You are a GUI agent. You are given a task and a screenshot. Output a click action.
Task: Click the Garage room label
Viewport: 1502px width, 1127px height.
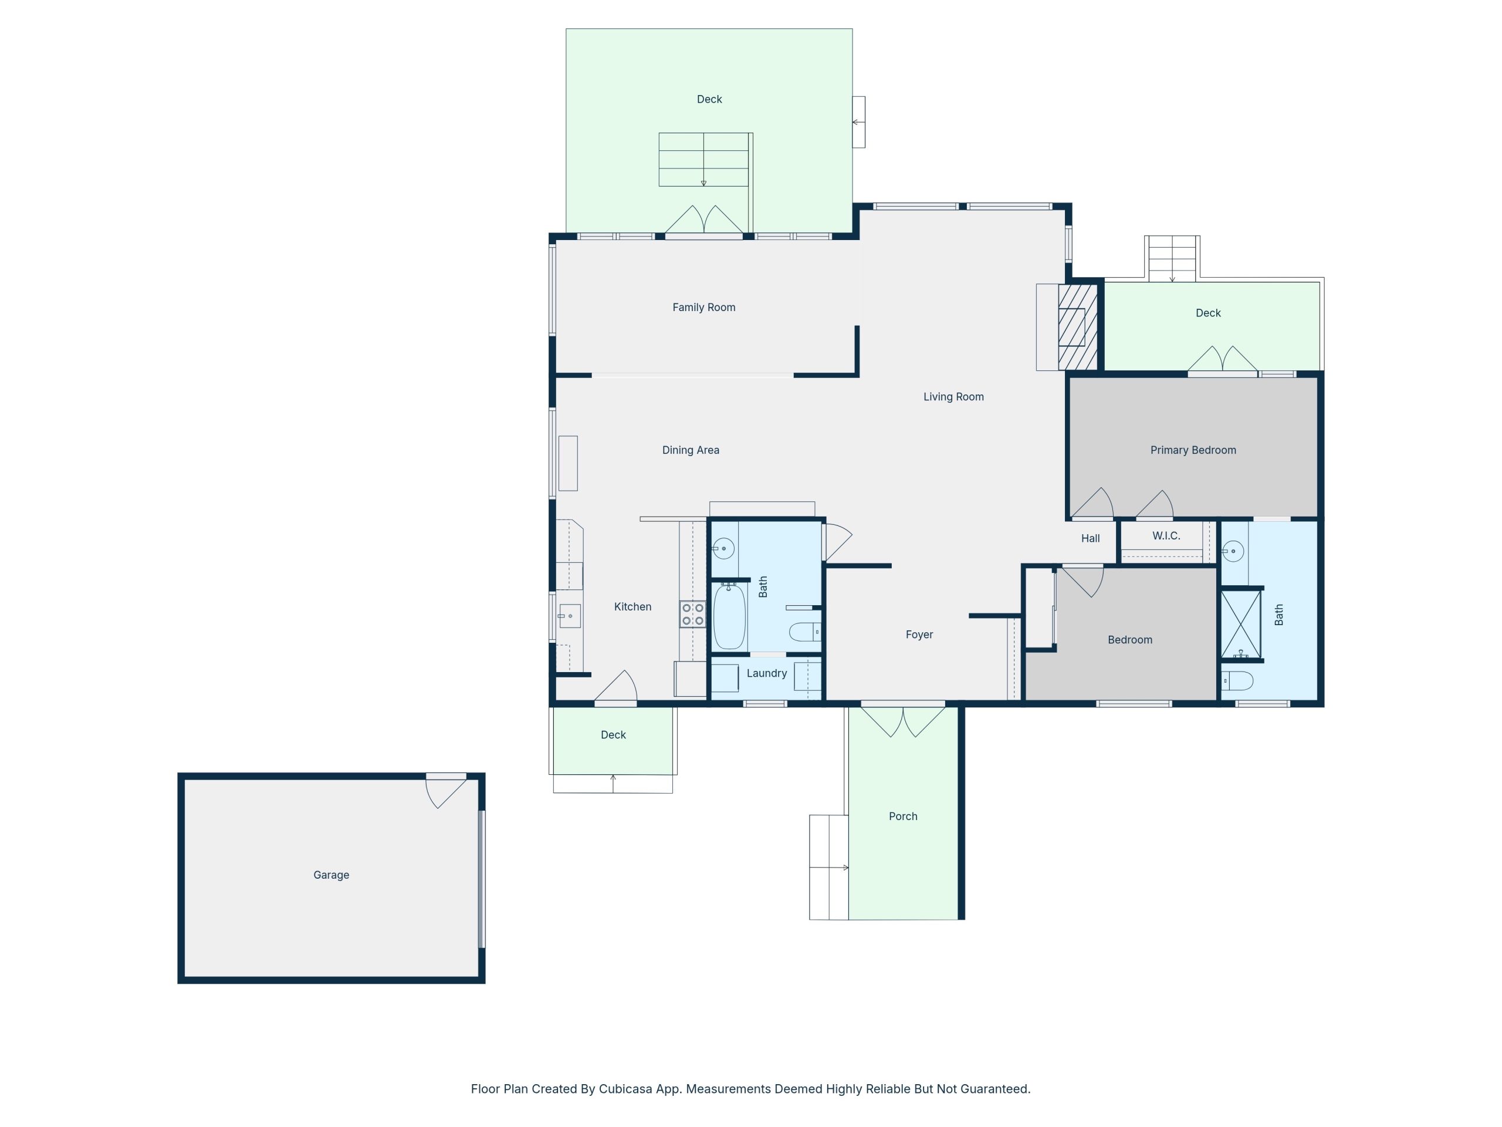click(331, 875)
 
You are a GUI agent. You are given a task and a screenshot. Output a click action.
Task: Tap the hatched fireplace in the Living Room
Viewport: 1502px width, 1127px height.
click(1078, 328)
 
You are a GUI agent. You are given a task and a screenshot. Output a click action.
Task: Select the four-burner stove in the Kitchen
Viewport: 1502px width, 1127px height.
click(692, 614)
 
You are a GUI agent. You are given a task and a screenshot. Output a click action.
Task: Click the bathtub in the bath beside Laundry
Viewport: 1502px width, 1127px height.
click(729, 617)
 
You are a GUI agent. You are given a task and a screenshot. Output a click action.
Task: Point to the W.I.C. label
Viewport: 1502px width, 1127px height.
click(1166, 536)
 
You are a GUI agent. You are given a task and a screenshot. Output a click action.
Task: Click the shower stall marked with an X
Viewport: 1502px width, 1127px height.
click(1240, 623)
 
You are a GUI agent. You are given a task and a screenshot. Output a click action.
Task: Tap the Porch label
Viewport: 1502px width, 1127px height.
click(902, 816)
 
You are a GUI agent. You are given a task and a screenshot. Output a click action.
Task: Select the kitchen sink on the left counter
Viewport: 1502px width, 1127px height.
click(569, 616)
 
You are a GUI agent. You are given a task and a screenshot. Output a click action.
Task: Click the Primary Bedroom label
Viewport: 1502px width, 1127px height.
click(1192, 450)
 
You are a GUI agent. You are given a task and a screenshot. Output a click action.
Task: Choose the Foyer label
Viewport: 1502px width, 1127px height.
click(919, 635)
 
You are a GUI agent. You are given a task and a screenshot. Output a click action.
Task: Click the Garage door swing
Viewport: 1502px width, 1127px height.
click(443, 791)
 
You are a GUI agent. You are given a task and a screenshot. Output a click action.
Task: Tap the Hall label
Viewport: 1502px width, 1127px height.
click(1090, 539)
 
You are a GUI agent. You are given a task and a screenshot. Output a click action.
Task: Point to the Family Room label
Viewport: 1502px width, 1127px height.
click(703, 308)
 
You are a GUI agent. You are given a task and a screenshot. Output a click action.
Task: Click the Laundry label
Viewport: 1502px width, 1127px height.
click(767, 673)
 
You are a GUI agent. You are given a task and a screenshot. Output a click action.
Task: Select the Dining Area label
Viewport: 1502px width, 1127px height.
click(690, 450)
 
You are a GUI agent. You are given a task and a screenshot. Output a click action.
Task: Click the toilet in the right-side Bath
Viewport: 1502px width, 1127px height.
click(1237, 681)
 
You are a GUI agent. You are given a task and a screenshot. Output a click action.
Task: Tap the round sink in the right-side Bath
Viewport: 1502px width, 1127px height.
click(1233, 551)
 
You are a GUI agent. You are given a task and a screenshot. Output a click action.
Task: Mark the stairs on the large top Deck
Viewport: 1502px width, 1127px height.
click(703, 160)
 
